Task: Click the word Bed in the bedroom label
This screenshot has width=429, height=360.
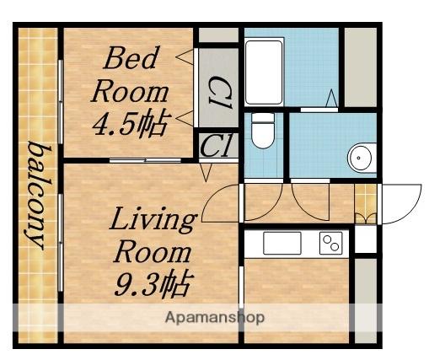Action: tap(130, 58)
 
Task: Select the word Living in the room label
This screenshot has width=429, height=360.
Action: tap(153, 221)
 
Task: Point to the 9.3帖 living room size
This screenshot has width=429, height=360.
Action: tap(154, 284)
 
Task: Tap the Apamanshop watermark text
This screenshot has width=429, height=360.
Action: tap(215, 318)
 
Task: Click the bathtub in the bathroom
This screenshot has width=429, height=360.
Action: tap(264, 73)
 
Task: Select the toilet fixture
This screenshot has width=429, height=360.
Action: tap(263, 131)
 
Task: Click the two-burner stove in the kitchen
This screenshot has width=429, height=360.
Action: tap(331, 243)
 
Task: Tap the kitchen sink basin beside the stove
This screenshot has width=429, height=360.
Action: tap(282, 243)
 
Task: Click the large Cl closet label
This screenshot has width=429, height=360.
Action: tap(220, 93)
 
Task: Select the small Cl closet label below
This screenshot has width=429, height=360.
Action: tap(217, 146)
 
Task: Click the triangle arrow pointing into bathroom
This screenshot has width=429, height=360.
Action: tap(332, 98)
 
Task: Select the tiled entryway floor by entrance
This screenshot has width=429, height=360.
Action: tap(366, 204)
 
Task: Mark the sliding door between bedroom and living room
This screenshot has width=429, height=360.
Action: tap(145, 160)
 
